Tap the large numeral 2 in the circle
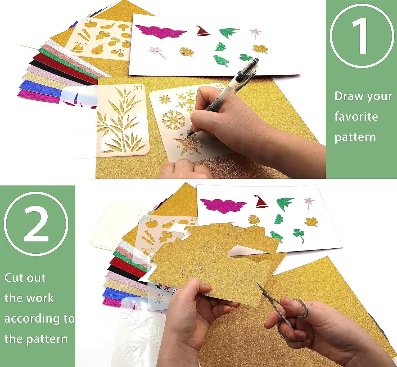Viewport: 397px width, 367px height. (36, 224)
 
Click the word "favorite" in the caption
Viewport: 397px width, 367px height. (356, 116)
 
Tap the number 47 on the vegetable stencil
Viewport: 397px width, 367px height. (193, 220)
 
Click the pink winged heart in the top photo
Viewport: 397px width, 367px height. (161, 31)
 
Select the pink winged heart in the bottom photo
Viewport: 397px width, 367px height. (223, 206)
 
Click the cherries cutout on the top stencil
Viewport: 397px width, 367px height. (117, 52)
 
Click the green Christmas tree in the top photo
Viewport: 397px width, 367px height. (221, 61)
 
